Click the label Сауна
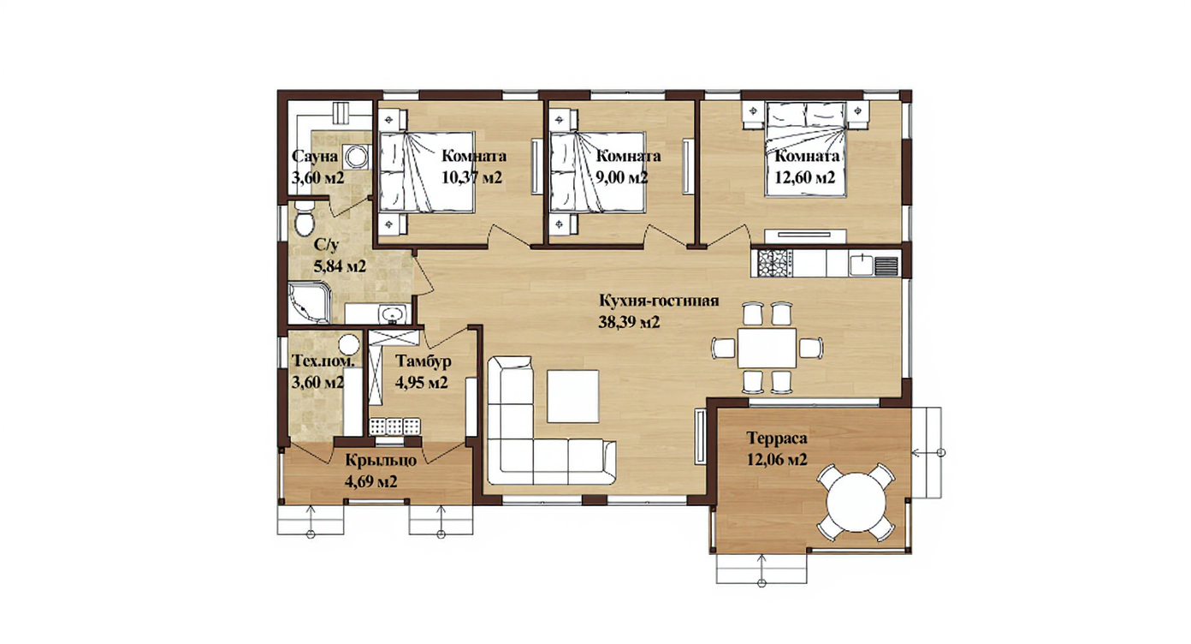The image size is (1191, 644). (315, 157)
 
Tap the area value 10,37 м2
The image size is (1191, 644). (471, 177)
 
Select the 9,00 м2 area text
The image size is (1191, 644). (621, 177)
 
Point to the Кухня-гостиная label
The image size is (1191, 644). (659, 301)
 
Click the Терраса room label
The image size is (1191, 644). (777, 438)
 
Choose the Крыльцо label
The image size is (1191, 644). (381, 461)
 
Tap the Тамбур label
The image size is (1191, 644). (424, 361)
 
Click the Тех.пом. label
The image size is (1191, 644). (323, 361)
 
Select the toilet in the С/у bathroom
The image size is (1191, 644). (305, 219)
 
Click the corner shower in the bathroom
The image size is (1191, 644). (309, 302)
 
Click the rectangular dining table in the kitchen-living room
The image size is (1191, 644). (766, 348)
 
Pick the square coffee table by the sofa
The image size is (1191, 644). (573, 397)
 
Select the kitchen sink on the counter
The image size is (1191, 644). (862, 264)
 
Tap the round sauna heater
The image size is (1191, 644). (355, 157)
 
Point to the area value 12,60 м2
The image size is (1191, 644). (804, 177)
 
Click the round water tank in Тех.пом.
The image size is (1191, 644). (349, 343)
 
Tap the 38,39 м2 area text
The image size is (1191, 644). (629, 322)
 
